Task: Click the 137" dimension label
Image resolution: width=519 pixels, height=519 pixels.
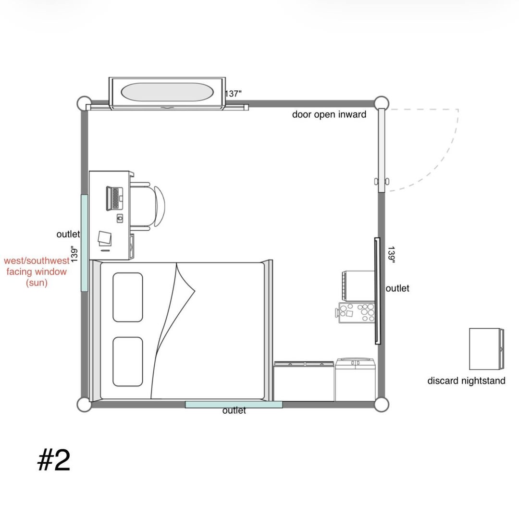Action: click(x=233, y=94)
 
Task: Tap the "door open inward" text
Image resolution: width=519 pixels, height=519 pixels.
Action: click(x=329, y=114)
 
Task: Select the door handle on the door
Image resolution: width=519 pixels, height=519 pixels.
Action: click(x=382, y=181)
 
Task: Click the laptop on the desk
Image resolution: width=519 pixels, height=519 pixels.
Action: click(x=114, y=198)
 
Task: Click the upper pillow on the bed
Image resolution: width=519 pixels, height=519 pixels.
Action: click(x=128, y=297)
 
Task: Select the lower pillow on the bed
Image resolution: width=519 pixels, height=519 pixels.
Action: click(x=128, y=361)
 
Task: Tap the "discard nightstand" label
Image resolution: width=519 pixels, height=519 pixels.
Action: click(x=466, y=381)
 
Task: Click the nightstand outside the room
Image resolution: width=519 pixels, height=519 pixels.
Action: click(x=486, y=349)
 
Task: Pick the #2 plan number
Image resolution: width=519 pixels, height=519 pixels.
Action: click(x=54, y=460)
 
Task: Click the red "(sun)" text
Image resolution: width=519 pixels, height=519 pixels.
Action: click(x=37, y=283)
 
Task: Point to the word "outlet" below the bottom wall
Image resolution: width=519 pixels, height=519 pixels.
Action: click(x=234, y=410)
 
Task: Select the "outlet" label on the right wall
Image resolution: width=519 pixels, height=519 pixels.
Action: click(x=397, y=288)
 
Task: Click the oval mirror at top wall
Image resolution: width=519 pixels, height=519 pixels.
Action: click(x=167, y=92)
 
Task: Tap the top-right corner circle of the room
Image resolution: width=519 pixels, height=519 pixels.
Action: click(x=381, y=103)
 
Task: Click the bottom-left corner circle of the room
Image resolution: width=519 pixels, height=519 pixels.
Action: click(x=84, y=405)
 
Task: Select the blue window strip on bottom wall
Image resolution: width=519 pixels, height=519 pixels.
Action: click(x=234, y=404)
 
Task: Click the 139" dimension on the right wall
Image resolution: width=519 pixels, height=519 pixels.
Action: click(x=391, y=255)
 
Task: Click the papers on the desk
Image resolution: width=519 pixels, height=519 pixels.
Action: click(x=105, y=238)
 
